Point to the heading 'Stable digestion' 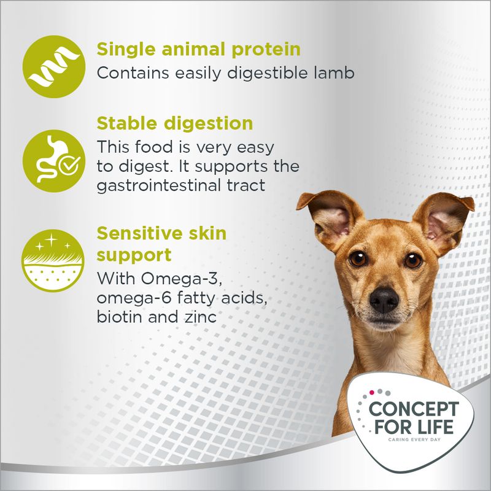tap(175, 123)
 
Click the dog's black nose tap(385, 300)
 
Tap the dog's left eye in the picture tap(358, 258)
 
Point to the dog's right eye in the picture tap(413, 260)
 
